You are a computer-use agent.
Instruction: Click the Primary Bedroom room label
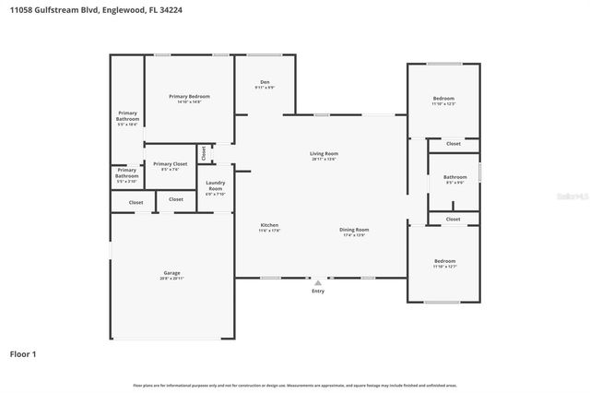[189, 97]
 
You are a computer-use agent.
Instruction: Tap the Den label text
[265, 83]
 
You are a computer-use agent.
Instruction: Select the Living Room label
[324, 154]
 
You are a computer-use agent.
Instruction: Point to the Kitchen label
[269, 225]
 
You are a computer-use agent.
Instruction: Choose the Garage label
[172, 273]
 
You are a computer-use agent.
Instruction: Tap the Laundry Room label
[216, 185]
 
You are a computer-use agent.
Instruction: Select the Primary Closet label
[170, 163]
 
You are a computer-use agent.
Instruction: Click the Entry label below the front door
[318, 292]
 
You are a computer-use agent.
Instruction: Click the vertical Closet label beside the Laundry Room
[204, 152]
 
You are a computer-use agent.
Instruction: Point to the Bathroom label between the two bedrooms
[454, 177]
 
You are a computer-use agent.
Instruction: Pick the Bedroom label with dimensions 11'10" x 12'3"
[443, 98]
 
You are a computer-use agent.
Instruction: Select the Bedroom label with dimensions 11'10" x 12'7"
[444, 261]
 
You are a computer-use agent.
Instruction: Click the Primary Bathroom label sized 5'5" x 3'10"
[127, 173]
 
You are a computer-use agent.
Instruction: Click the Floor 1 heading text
[23, 353]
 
